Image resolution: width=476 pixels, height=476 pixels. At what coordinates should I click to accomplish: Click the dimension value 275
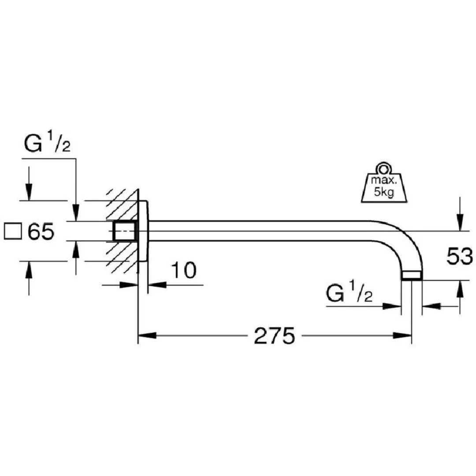tap(274, 337)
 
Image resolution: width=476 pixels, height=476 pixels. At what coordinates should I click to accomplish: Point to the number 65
tap(41, 231)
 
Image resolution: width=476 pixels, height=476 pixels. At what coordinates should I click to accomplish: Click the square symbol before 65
tap(13, 231)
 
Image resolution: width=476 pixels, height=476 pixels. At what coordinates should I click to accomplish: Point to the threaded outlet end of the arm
tap(412, 276)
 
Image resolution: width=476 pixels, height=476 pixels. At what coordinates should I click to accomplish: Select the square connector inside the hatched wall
tap(125, 231)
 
